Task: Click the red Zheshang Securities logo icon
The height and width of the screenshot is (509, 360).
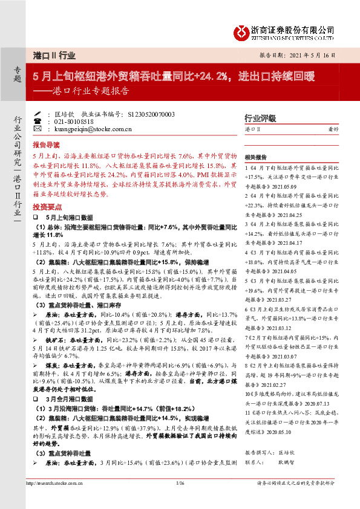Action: (243, 30)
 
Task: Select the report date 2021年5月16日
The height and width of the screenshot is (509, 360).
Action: (321, 54)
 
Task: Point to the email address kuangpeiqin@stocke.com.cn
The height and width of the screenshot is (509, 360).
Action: (86, 129)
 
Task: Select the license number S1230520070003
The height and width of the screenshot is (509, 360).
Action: (151, 114)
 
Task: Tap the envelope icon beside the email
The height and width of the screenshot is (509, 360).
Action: (39, 129)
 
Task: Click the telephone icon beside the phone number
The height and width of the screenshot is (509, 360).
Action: (39, 122)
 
